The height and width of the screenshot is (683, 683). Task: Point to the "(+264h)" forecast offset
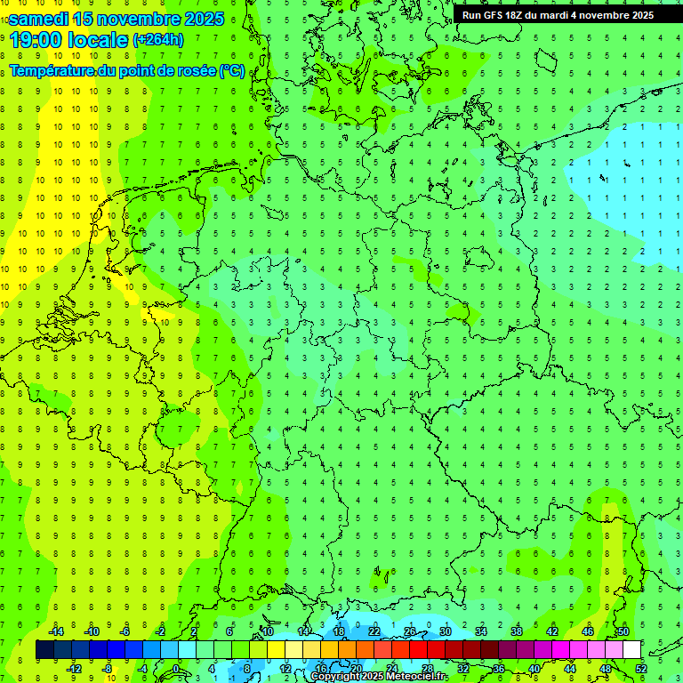(159, 39)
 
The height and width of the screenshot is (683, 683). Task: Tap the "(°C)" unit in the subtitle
(232, 70)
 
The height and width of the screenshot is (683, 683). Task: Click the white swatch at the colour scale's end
(631, 650)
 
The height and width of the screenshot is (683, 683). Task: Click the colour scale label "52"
(641, 669)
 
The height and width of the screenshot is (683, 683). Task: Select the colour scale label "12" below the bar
(285, 669)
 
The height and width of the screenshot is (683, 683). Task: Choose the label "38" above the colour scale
(517, 631)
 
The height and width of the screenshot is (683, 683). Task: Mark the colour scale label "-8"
(108, 669)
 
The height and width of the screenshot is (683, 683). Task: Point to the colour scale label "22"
(374, 631)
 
